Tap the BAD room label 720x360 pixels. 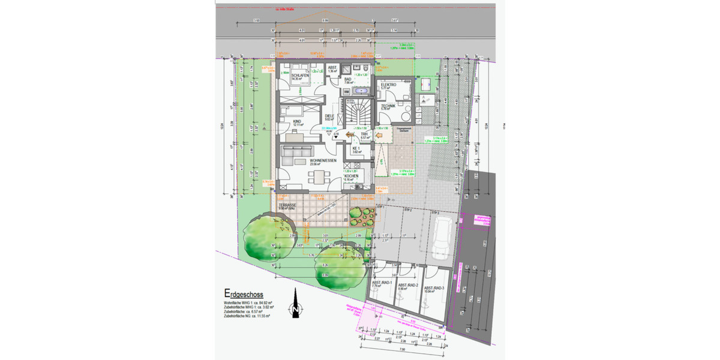(x=348, y=79)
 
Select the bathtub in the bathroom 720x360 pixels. (x=361, y=92)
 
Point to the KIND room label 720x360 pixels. (x=296, y=122)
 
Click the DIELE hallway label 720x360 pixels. (x=329, y=116)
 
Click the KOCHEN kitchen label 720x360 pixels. (x=360, y=176)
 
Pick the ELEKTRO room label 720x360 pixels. (x=389, y=85)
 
